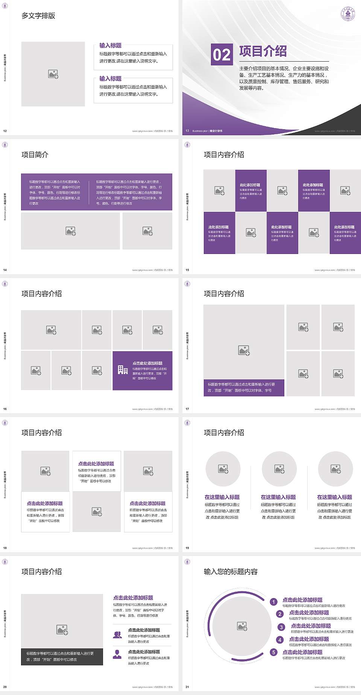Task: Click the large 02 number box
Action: pyautogui.click(x=221, y=55)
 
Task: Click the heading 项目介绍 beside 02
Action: pyautogui.click(x=263, y=51)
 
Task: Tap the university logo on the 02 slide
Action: pyautogui.click(x=348, y=14)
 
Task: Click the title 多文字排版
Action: pyautogui.click(x=38, y=16)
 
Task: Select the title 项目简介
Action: pyautogui.click(x=35, y=155)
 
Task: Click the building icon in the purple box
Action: pyautogui.click(x=123, y=370)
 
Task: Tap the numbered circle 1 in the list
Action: pyautogui.click(x=274, y=602)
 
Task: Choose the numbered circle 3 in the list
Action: pyautogui.click(x=281, y=627)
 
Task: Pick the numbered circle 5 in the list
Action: pyautogui.click(x=274, y=652)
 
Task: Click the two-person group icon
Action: pyautogui.click(x=117, y=635)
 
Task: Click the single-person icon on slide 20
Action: pyautogui.click(x=117, y=654)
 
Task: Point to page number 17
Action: pyautogui.click(x=187, y=409)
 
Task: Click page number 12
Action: pyautogui.click(x=5, y=131)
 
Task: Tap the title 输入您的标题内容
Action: pyautogui.click(x=231, y=572)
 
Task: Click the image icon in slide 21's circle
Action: pyautogui.click(x=242, y=626)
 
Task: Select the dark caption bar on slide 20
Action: pyautogui.click(x=62, y=656)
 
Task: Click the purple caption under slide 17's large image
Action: pyautogui.click(x=244, y=387)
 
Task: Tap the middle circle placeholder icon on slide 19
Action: pyautogui.click(x=279, y=469)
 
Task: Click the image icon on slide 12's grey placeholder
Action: pyautogui.click(x=53, y=74)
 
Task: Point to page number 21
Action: pyautogui.click(x=187, y=687)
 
